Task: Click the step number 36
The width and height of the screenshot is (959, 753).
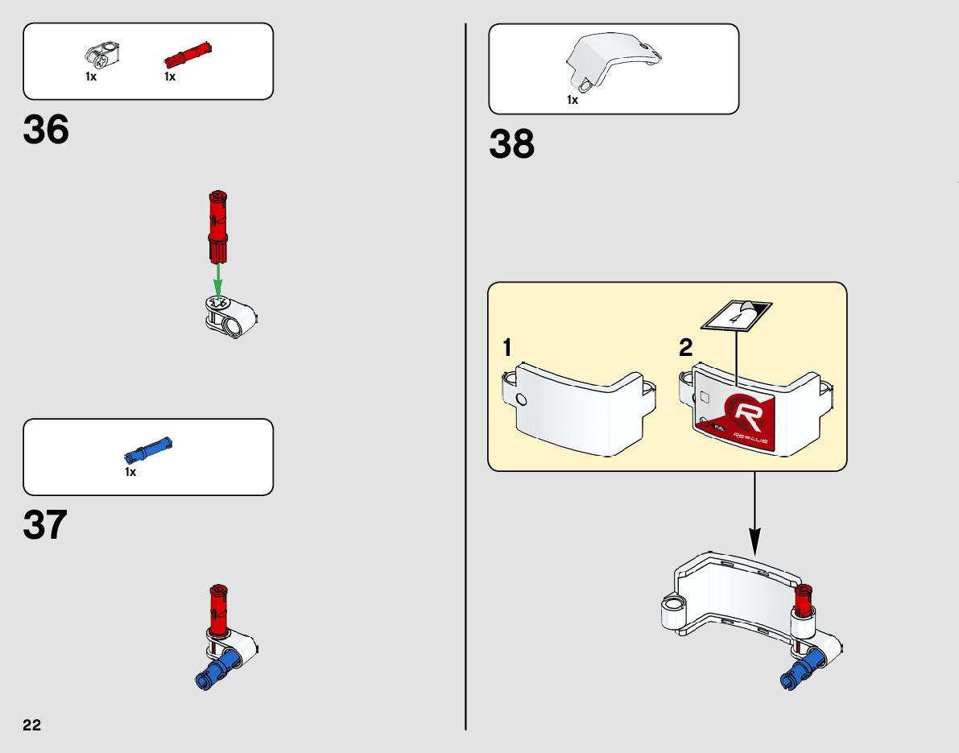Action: point(46,130)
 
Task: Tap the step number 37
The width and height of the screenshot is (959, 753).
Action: point(46,526)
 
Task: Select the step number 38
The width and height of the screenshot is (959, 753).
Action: point(511,145)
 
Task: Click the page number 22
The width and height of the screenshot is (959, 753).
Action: point(31,724)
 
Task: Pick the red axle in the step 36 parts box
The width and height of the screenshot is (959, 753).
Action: point(187,55)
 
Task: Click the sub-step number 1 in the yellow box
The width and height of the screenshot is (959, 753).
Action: point(507,349)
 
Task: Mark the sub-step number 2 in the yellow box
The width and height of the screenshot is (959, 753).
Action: point(685,349)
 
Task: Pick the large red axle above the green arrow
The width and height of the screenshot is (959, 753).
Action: point(218,225)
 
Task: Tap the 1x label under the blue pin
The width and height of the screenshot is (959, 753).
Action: point(130,472)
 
